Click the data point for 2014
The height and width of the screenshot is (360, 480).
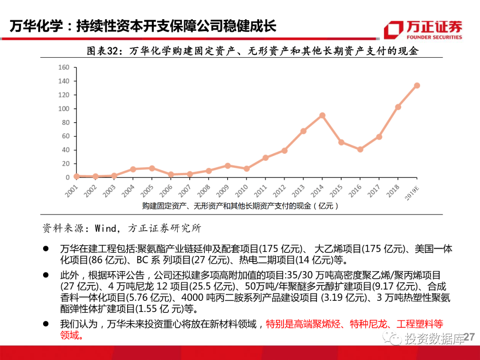[322, 115]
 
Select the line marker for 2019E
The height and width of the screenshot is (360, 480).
[417, 85]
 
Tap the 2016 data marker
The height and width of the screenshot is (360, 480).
[360, 149]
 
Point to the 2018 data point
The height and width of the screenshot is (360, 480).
[398, 107]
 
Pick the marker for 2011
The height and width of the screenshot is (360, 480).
[265, 158]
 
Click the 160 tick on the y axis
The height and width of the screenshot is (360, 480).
[64, 68]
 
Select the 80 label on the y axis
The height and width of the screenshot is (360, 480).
[66, 123]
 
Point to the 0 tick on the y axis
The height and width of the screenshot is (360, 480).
[68, 177]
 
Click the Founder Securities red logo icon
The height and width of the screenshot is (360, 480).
[393, 30]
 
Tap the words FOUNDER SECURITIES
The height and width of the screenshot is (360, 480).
[434, 37]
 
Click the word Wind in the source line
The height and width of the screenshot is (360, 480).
[105, 228]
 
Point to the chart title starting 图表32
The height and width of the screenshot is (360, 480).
[253, 51]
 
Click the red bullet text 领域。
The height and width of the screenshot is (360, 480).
[72, 336]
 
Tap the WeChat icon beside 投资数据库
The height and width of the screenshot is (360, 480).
[394, 339]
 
